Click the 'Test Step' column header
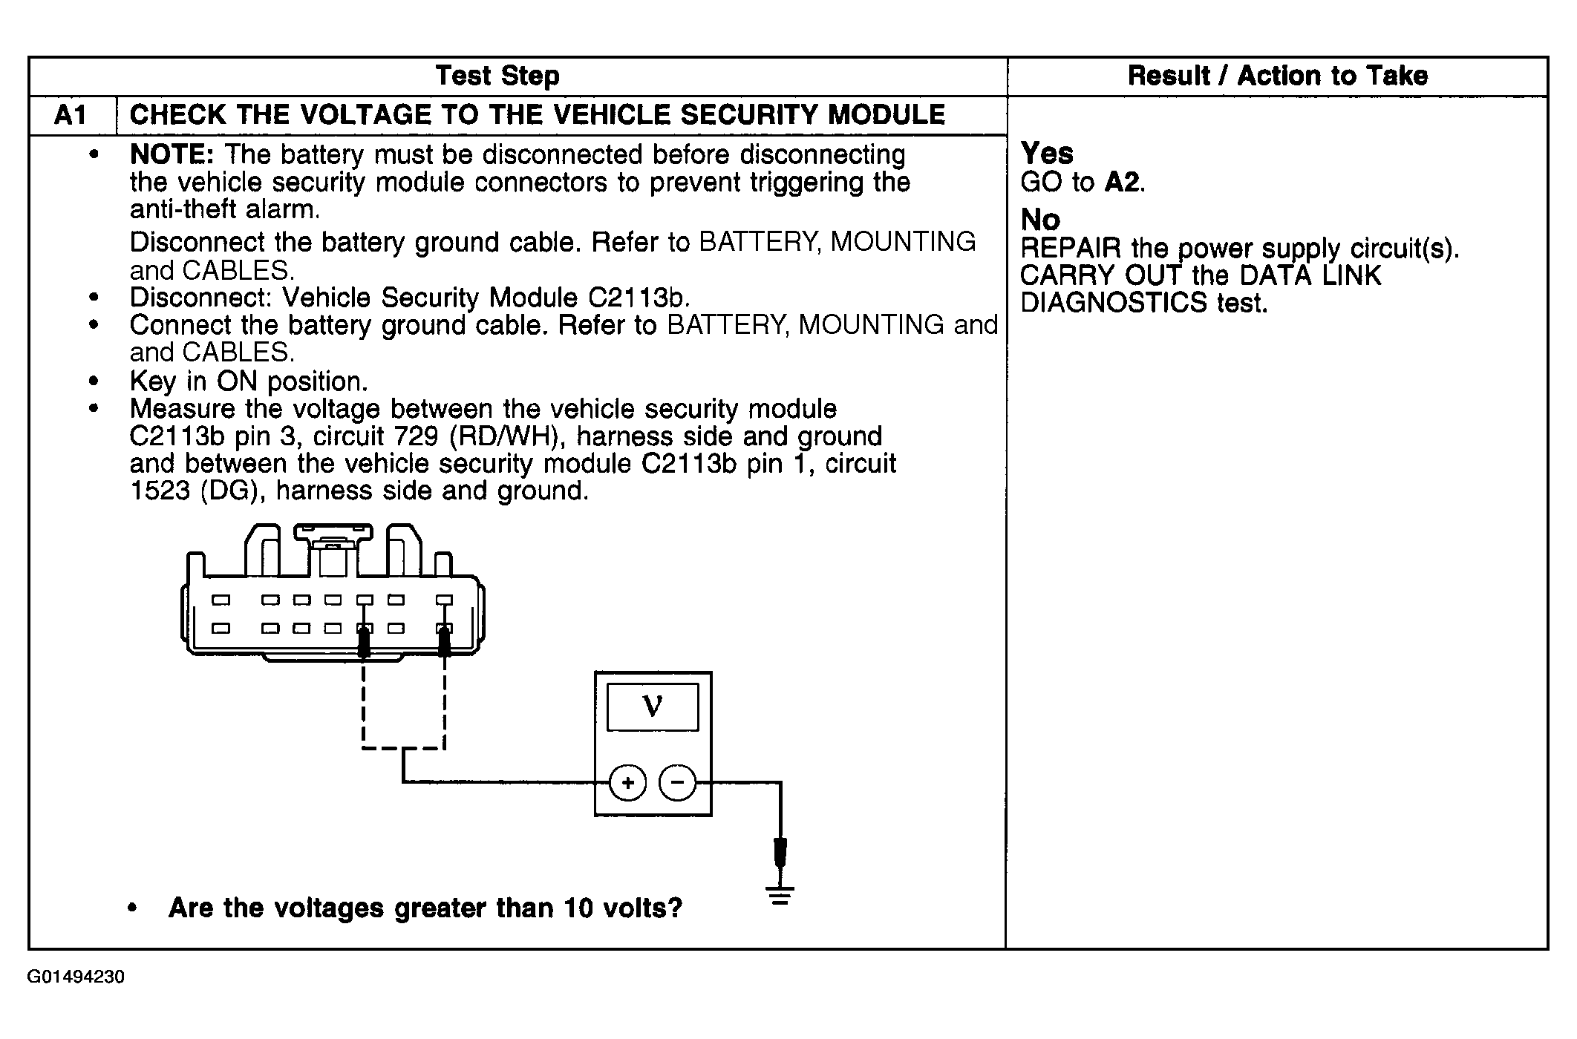(497, 76)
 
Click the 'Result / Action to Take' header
(1277, 76)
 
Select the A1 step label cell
(71, 115)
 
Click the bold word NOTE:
(172, 154)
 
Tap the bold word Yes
(1047, 154)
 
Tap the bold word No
(1040, 220)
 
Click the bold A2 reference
(1123, 182)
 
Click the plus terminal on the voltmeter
(628, 783)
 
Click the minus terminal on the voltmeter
(677, 783)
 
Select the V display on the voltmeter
(653, 707)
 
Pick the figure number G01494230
(76, 977)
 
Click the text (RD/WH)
(504, 436)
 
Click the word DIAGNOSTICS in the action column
(1114, 303)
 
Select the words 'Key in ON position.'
(249, 381)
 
